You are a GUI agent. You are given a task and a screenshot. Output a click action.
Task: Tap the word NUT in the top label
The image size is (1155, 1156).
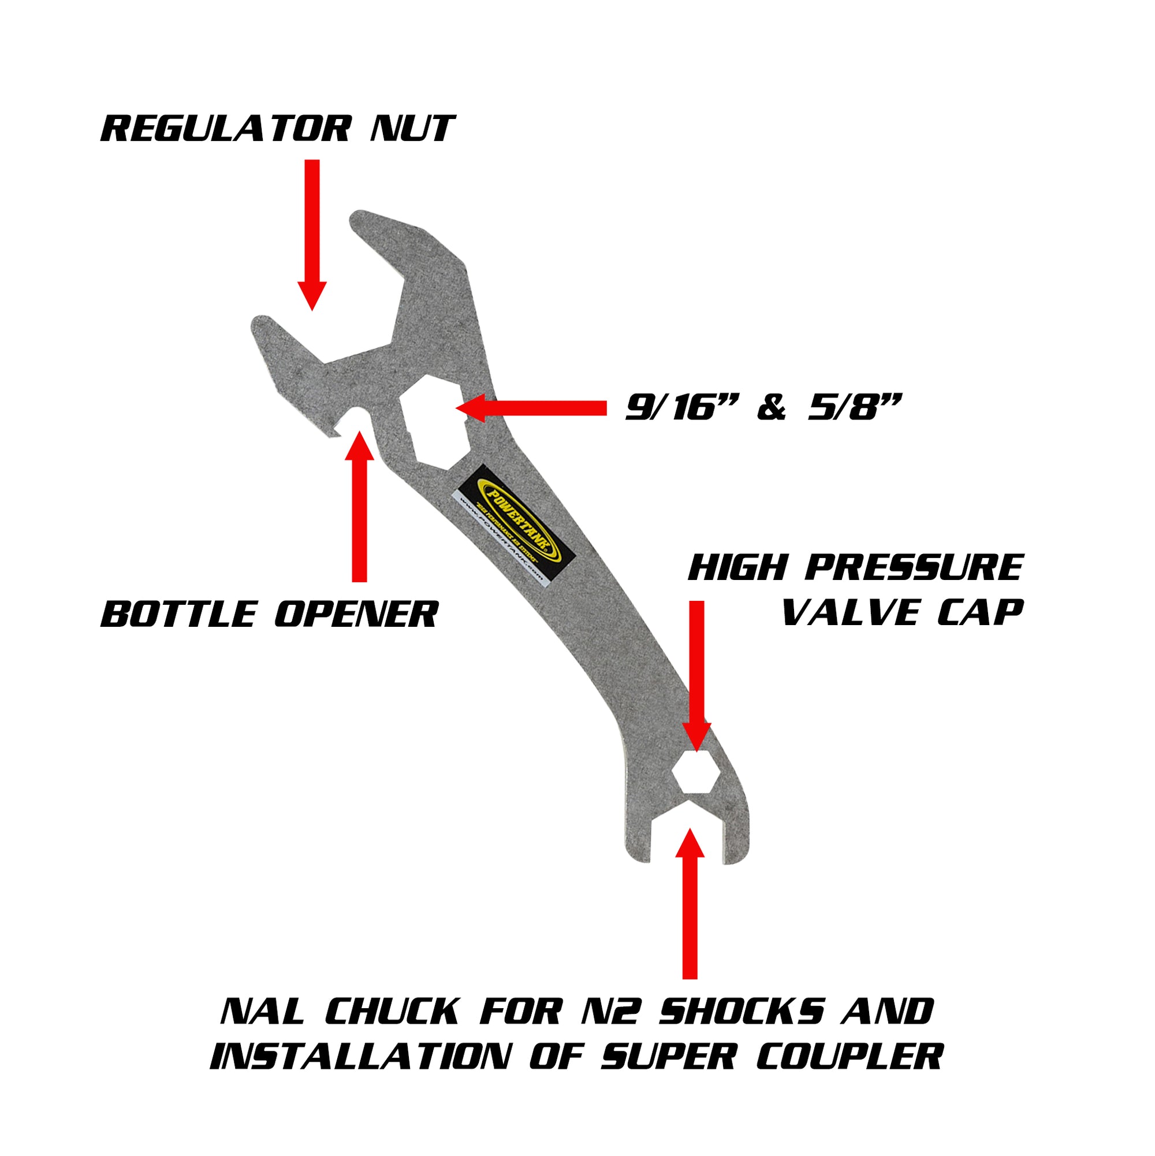[413, 129]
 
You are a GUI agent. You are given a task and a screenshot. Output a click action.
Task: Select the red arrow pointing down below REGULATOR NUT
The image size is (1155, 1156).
[312, 233]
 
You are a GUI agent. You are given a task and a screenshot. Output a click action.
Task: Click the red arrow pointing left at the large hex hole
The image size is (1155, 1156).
[531, 408]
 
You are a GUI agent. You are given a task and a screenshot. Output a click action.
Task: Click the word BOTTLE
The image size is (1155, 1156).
[178, 615]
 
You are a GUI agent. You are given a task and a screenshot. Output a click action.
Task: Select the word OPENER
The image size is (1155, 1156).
[356, 615]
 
